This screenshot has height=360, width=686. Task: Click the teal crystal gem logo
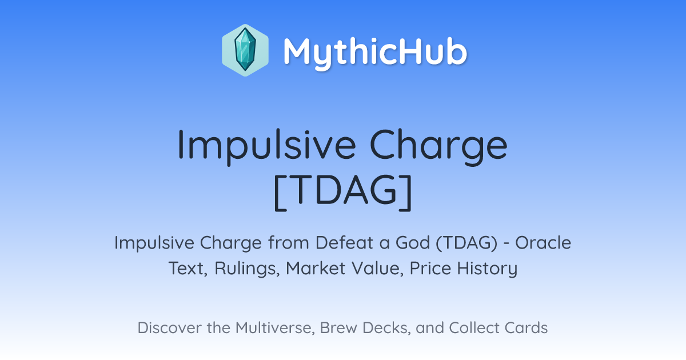tap(245, 50)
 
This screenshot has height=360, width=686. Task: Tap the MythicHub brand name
tap(375, 52)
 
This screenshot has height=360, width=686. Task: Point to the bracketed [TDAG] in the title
tap(342, 192)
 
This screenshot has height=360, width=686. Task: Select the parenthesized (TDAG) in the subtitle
tap(466, 243)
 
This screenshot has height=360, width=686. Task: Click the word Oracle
tap(543, 242)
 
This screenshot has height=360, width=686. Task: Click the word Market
tap(316, 268)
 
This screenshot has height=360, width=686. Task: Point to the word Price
tap(430, 268)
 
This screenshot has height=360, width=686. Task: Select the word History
tap(487, 269)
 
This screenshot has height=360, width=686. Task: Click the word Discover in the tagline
tap(169, 327)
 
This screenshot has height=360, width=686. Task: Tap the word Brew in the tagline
tap(338, 327)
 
